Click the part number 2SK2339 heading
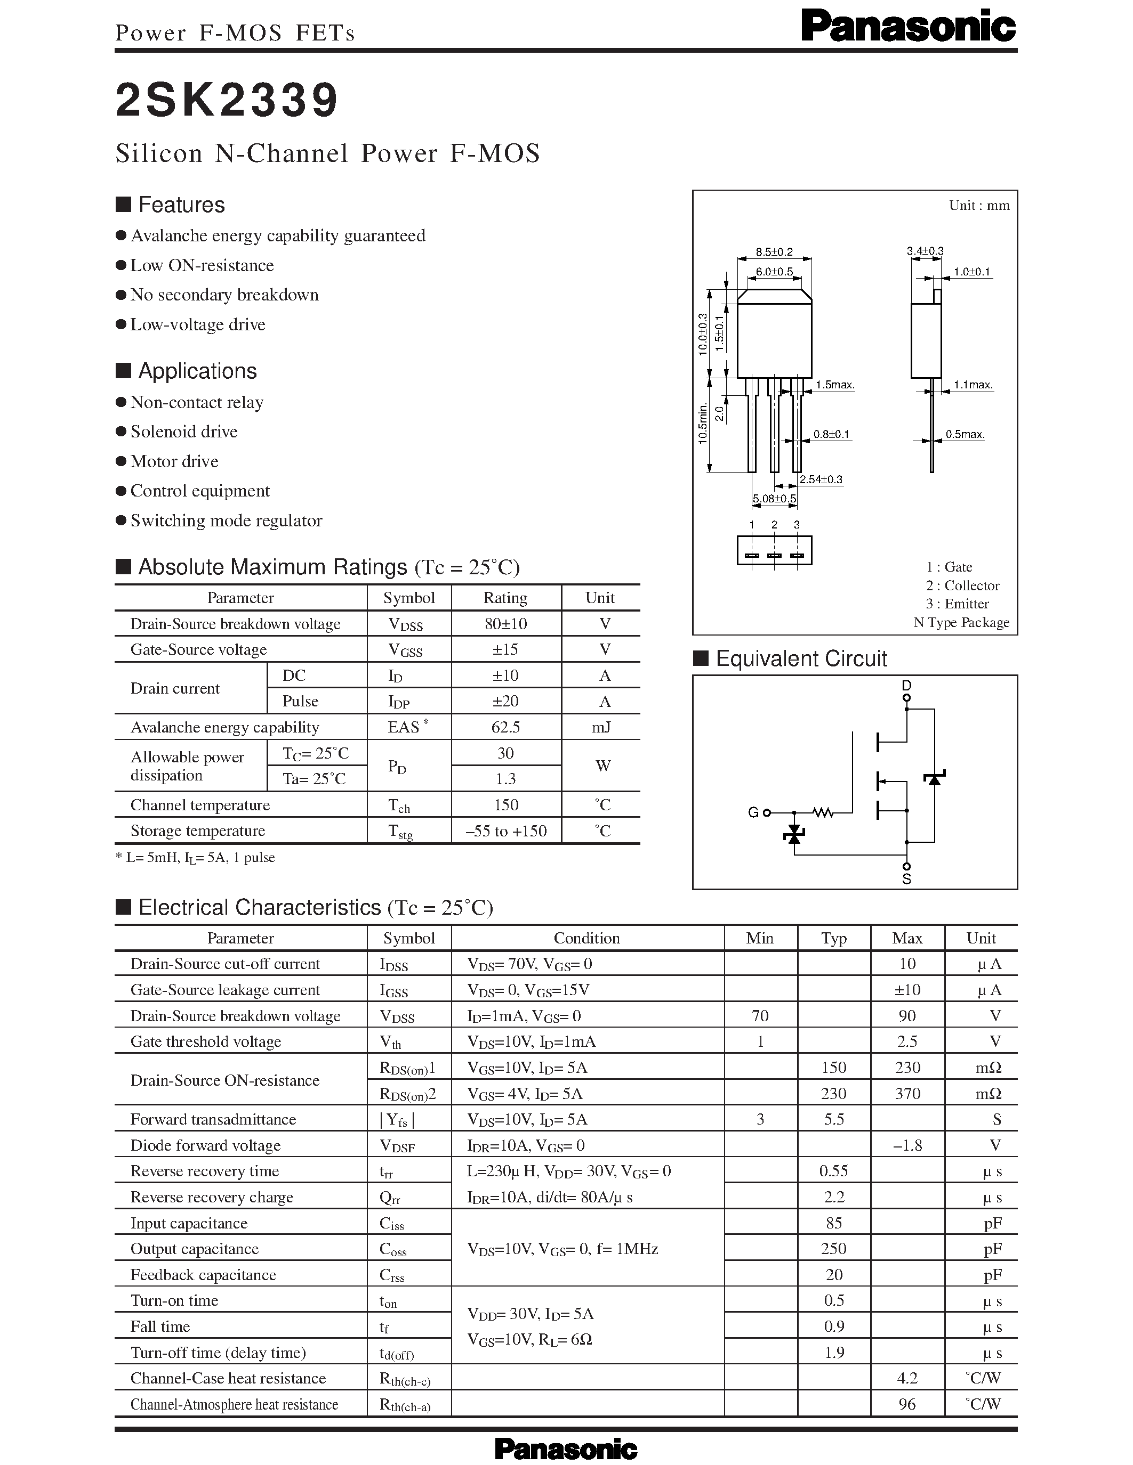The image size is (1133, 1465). pos(227,101)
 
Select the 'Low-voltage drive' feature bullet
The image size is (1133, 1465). pos(197,324)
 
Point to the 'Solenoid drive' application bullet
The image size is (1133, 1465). pos(184,432)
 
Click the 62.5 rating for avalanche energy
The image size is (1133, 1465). pos(505,727)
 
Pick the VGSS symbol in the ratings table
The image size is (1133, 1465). pos(405,650)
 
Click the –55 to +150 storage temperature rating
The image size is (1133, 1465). pos(505,831)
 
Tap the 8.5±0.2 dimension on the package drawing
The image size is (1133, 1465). pos(774,252)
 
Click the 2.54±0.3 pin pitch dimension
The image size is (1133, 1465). pos(820,479)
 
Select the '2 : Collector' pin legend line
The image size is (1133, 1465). pos(962,585)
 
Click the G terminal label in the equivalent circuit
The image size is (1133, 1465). pos(753,812)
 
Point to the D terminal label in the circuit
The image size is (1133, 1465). pos(907,686)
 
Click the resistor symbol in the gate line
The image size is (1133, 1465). pos(823,812)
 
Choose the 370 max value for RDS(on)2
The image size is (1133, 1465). pos(907,1094)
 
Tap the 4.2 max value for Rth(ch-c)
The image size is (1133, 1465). pos(907,1379)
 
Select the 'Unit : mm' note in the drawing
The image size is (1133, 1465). pos(978,205)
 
